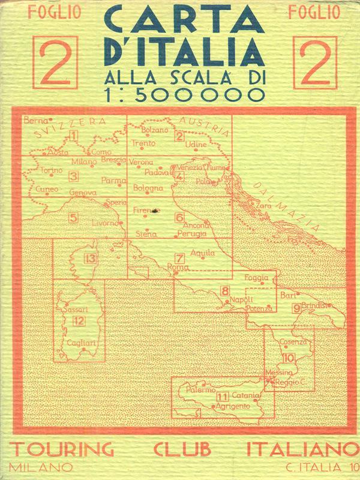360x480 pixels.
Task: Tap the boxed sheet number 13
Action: tap(91, 259)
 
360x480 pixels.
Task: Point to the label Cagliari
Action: tap(81, 343)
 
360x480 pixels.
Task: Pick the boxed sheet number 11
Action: tap(223, 396)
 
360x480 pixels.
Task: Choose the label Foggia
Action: tap(257, 277)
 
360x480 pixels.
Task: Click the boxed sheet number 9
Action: tap(296, 308)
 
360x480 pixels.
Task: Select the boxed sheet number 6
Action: tap(179, 217)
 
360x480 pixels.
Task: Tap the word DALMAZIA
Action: tap(284, 204)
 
